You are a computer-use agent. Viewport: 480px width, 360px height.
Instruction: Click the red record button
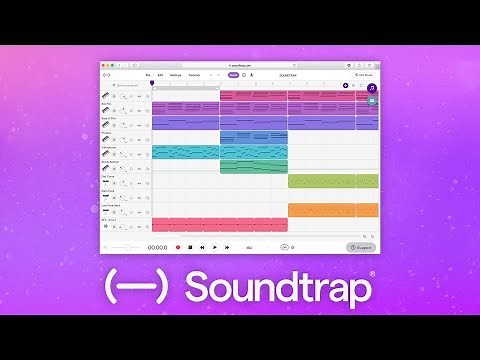click(177, 246)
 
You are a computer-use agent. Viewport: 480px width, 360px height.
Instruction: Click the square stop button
click(189, 246)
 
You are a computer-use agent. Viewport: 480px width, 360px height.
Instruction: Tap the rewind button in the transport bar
click(202, 246)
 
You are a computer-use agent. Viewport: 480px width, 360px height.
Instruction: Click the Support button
click(361, 247)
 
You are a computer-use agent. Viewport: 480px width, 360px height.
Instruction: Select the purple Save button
click(233, 74)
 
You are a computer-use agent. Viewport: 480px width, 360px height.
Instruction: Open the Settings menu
click(174, 74)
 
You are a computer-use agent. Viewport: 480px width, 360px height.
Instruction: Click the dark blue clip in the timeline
click(253, 137)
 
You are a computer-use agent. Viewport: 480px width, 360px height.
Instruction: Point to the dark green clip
click(253, 167)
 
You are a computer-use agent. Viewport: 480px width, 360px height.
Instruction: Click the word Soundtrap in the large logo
click(280, 288)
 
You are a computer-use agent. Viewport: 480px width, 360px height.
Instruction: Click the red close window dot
click(105, 63)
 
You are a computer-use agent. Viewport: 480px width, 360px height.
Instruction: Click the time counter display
click(158, 247)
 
